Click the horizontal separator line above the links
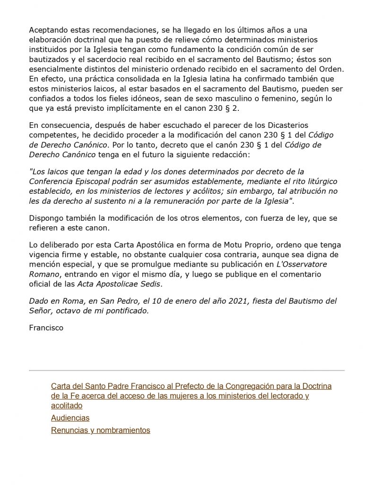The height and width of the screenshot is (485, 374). point(187,370)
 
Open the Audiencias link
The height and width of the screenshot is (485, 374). point(70,418)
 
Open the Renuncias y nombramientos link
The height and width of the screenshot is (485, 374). point(100,431)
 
